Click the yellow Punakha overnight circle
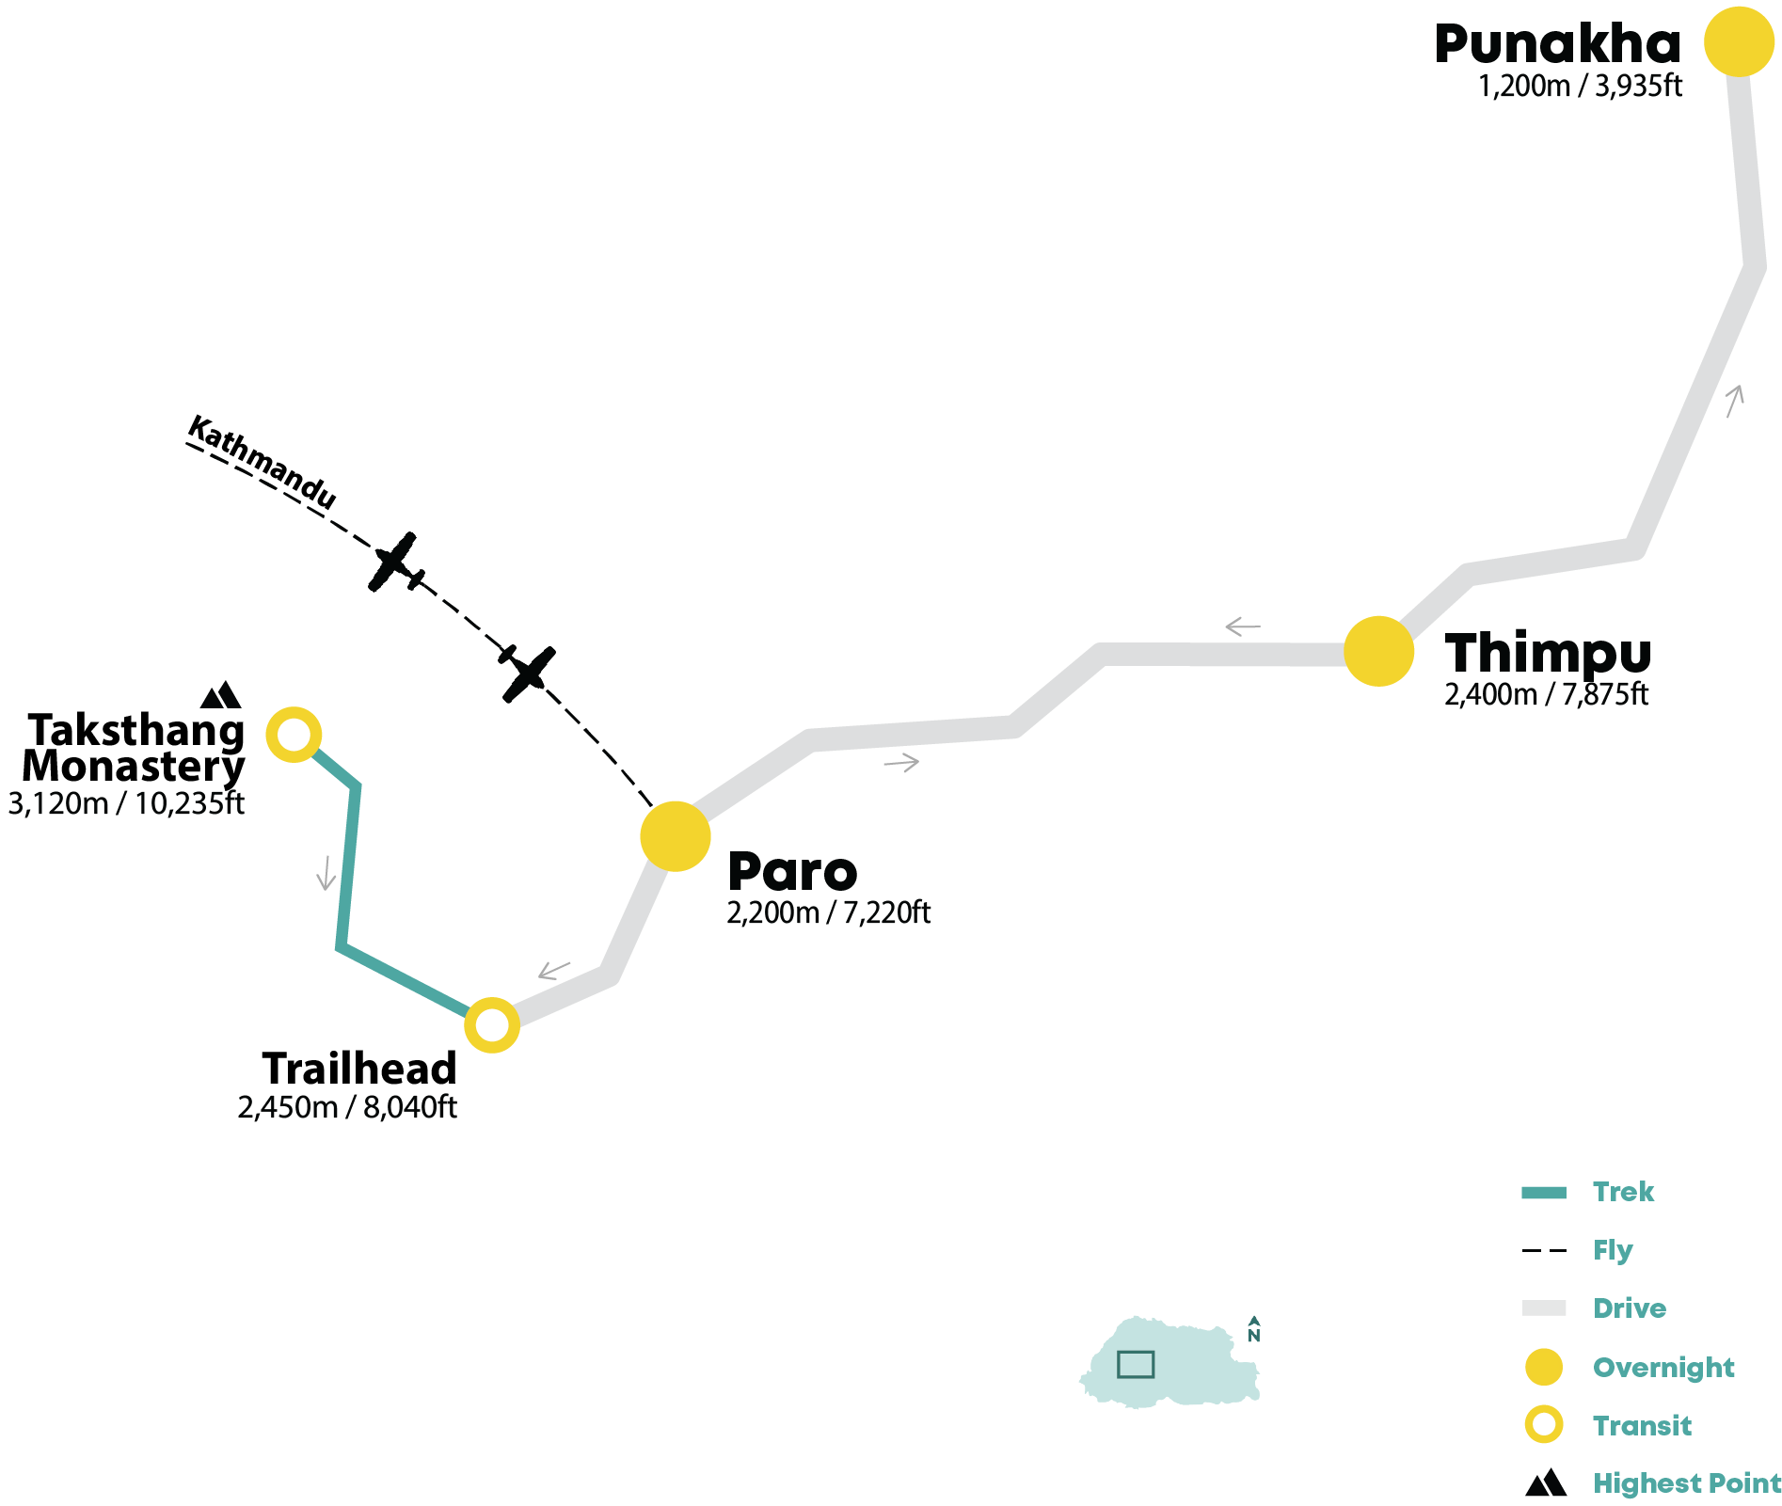(1740, 41)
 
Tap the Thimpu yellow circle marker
(1378, 651)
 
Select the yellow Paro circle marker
(676, 836)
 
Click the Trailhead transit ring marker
(492, 1025)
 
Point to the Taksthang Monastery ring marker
(294, 735)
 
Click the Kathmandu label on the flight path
(263, 463)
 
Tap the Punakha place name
(1557, 44)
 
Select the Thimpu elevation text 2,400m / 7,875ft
(1546, 695)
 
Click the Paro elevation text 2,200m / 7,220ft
(828, 913)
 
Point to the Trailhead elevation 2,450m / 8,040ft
(347, 1107)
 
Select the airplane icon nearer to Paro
(527, 674)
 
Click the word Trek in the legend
(1623, 1192)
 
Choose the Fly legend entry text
(1613, 1250)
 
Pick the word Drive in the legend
(1630, 1308)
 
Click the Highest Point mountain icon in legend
(1546, 1483)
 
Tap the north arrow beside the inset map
(1254, 1328)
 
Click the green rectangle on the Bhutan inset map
(1136, 1364)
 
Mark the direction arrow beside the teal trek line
(326, 873)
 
